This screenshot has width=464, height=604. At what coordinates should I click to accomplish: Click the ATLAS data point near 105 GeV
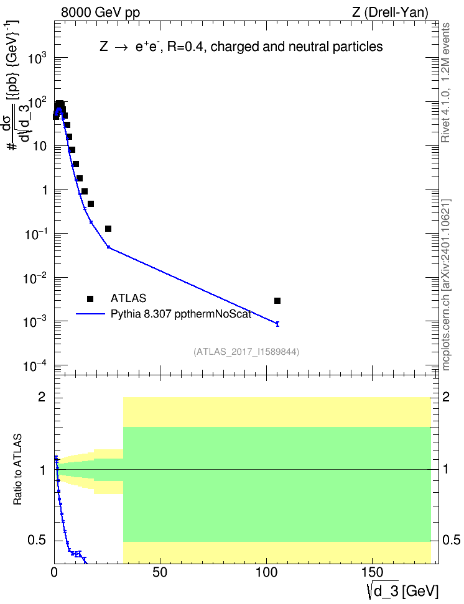277,301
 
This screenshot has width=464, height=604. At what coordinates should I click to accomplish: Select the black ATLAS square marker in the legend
90,298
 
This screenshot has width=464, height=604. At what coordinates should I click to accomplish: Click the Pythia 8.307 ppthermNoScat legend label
181,314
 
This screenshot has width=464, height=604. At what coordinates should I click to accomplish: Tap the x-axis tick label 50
160,572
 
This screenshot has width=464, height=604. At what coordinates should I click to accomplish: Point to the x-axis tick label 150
373,572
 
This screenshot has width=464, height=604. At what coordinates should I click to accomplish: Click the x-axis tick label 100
267,572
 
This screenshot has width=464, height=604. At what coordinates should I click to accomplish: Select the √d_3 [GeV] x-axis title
402,590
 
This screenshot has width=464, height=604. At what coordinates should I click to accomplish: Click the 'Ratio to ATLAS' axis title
17,469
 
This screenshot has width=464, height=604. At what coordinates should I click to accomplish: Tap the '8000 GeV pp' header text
100,12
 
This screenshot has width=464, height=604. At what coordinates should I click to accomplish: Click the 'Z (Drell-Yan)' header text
390,12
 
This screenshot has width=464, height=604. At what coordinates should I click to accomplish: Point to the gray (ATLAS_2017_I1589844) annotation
246,351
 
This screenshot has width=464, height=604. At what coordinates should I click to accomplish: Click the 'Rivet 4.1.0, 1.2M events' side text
445,83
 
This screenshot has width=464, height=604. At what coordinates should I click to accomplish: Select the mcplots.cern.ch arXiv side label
446,285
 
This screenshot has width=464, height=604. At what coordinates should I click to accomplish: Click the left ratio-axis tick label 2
42,396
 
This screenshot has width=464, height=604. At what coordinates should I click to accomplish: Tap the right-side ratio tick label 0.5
451,540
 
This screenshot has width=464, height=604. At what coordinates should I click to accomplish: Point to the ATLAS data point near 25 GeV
108,229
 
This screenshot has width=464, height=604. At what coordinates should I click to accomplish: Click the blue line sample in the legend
90,314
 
